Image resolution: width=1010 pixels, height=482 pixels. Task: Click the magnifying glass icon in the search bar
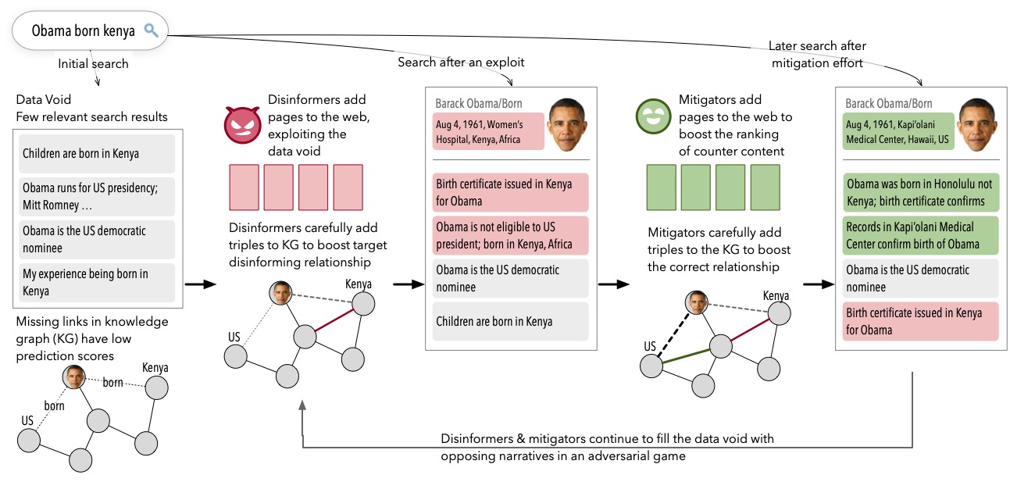[152, 31]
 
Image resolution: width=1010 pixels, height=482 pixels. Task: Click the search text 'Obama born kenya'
[83, 31]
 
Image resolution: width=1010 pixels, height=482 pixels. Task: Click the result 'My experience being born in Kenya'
[98, 282]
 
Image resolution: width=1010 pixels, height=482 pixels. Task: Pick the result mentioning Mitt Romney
[98, 197]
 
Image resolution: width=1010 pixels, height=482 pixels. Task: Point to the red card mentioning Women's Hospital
[487, 131]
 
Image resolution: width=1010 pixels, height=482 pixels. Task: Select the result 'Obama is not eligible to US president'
[510, 235]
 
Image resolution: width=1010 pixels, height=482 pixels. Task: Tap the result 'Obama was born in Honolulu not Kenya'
[921, 192]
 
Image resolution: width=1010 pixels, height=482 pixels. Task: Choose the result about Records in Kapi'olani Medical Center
[921, 235]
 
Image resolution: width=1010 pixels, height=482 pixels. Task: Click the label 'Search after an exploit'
[461, 62]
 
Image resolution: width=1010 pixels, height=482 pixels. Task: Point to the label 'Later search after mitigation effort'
[818, 55]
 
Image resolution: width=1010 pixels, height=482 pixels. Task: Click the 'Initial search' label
[93, 63]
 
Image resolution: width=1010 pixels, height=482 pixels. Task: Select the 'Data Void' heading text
[43, 101]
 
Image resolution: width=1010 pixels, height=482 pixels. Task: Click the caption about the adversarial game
[607, 447]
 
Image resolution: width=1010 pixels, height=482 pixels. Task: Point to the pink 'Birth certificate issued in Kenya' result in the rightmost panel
[921, 321]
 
